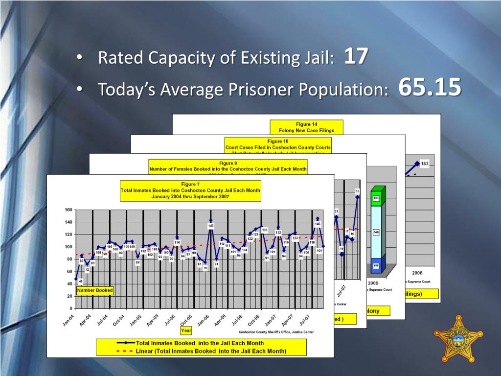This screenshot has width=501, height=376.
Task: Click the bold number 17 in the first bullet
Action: [x=356, y=57]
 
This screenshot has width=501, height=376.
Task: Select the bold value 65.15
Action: [x=430, y=88]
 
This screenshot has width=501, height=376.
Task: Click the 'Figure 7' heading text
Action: [x=190, y=184]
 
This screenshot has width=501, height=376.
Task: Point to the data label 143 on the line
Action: [x=211, y=226]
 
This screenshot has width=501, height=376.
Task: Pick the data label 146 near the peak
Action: [x=318, y=224]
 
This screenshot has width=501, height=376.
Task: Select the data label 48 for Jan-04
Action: [x=81, y=281]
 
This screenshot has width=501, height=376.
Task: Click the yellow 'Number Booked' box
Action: [x=95, y=290]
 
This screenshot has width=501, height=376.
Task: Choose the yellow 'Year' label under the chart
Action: [x=186, y=330]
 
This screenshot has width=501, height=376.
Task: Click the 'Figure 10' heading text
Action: [x=278, y=141]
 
